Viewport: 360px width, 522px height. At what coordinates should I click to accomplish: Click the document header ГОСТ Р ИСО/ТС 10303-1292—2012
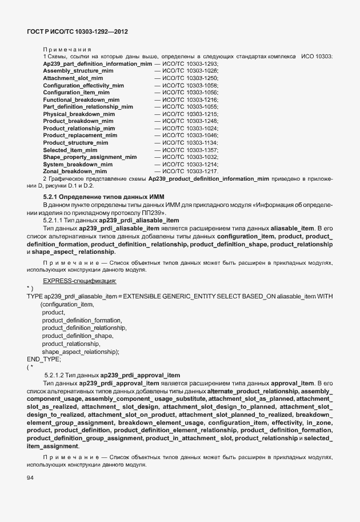[77, 32]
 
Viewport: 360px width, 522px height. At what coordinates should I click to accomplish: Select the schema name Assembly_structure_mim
[78, 70]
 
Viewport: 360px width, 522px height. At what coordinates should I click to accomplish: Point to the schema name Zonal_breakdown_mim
[75, 171]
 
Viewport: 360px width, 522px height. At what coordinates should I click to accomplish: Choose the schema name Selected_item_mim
[70, 149]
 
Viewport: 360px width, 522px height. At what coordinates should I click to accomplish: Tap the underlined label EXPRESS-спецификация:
[79, 281]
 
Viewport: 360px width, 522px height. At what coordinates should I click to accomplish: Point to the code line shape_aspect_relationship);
[80, 352]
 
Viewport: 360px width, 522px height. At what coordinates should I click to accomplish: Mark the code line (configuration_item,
[67, 305]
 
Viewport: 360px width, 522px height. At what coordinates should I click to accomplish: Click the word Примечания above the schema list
[67, 49]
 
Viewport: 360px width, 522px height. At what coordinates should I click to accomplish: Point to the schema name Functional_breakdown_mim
[81, 99]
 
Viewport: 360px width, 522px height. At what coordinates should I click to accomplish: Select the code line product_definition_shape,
[77, 336]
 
